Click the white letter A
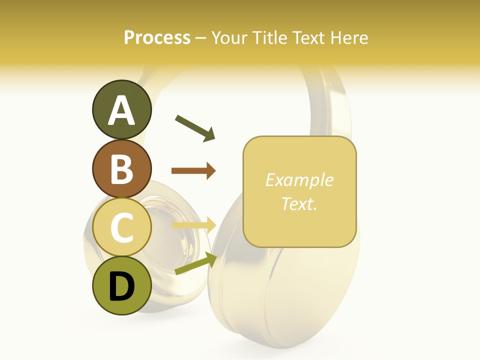coord(122,110)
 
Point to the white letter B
coord(122,169)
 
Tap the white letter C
coord(122,228)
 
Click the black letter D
coord(122,286)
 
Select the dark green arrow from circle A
coord(195,128)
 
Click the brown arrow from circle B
coord(193,171)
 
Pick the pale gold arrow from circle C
coord(193,225)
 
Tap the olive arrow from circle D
coord(195,263)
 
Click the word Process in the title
coord(157,38)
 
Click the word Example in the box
coord(299,180)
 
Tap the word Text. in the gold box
coord(299,203)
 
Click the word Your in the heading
coord(230,38)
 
